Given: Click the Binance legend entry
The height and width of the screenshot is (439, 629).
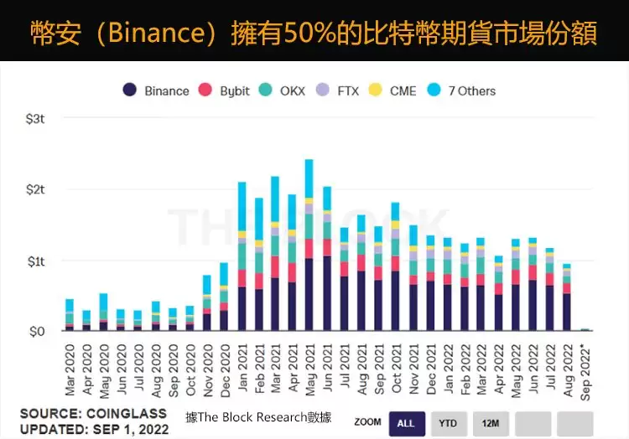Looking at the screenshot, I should tap(156, 90).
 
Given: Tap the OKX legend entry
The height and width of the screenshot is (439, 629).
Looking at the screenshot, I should tap(287, 90).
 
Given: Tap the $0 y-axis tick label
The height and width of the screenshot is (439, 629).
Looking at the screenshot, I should tap(37, 332).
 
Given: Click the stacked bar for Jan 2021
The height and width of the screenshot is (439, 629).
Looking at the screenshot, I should tap(242, 256).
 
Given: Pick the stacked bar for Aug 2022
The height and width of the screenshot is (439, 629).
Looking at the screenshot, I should tap(566, 297).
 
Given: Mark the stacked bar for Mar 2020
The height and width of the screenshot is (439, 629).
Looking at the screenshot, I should tap(70, 315).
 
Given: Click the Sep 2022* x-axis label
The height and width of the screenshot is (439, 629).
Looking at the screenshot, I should tap(585, 369).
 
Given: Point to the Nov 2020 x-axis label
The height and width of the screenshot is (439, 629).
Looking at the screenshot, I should tap(207, 369).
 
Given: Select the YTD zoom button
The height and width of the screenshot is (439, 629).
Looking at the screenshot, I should tap(449, 423).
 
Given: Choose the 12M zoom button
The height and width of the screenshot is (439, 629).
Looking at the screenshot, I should tap(491, 423).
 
